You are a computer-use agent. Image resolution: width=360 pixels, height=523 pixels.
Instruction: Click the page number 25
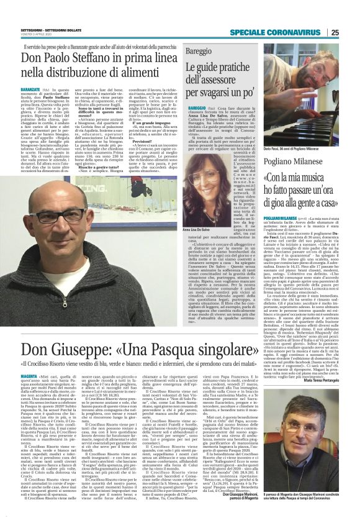point(351,16)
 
